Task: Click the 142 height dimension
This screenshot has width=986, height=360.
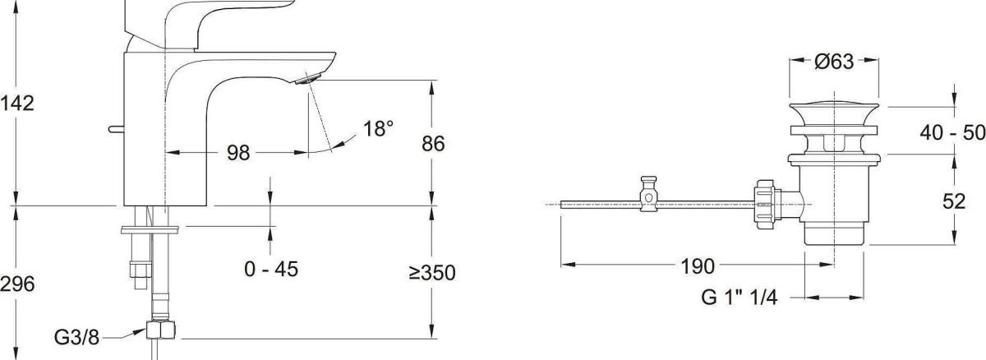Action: [x=16, y=104]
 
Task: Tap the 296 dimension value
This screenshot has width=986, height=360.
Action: [x=16, y=284]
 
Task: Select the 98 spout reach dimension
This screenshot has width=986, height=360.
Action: [x=238, y=153]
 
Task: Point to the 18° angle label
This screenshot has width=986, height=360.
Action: [x=378, y=128]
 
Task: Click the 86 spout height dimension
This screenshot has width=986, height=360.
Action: [x=433, y=144]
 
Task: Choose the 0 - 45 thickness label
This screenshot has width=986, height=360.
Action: [x=271, y=269]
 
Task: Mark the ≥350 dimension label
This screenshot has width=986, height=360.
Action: [x=432, y=273]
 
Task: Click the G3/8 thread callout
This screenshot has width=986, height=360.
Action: [x=76, y=338]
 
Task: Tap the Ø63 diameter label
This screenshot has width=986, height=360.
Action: [x=834, y=61]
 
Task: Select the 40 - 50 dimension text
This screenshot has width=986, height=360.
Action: [x=952, y=132]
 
